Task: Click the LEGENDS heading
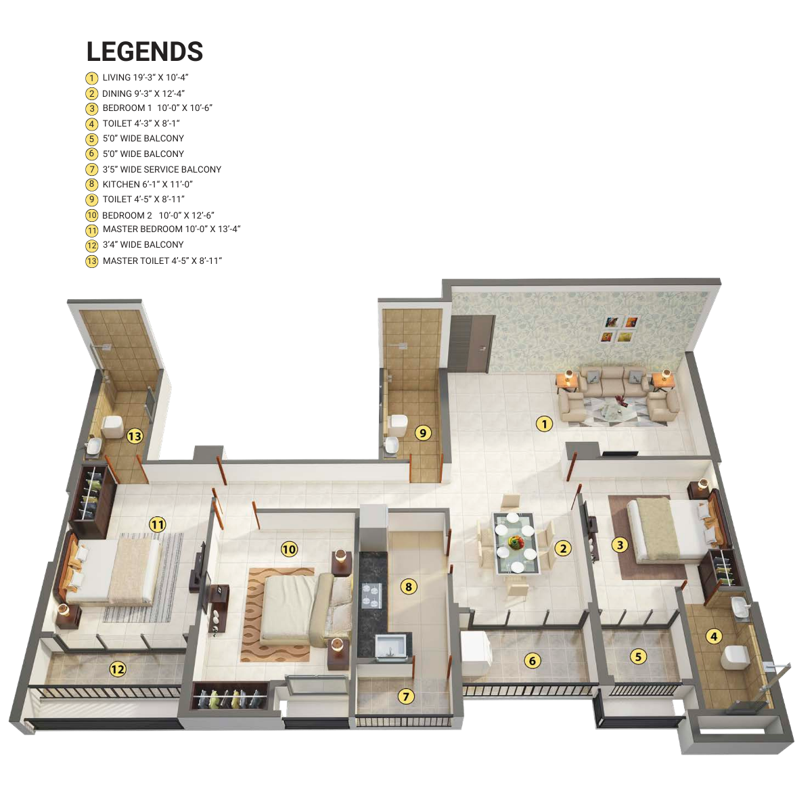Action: point(145,51)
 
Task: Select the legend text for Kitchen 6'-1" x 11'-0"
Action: point(148,185)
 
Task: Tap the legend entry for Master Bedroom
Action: point(171,229)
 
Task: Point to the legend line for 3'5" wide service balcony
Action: point(162,169)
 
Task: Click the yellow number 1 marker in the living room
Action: point(544,424)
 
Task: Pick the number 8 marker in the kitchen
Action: point(408,587)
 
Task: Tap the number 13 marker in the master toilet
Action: point(135,436)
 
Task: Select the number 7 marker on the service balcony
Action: point(406,696)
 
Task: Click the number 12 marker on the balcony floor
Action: point(118,669)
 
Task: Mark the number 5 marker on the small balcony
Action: point(638,656)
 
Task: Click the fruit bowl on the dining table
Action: point(516,541)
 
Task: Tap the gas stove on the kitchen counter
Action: point(371,595)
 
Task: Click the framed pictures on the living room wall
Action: point(619,329)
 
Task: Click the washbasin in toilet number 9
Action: point(392,445)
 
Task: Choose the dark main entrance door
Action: point(470,343)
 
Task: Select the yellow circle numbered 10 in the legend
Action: point(92,215)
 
